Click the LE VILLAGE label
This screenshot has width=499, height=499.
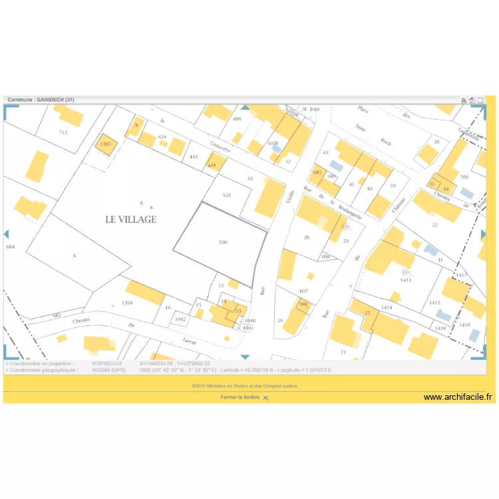(130, 219)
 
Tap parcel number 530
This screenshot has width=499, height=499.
(222, 242)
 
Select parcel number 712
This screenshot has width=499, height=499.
(63, 132)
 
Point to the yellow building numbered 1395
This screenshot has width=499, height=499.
(105, 144)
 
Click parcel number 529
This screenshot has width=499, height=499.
(226, 195)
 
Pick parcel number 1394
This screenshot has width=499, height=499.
(128, 303)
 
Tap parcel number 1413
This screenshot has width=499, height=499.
(405, 280)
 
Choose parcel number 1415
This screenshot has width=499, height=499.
(434, 303)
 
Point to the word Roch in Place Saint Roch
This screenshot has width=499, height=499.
(386, 141)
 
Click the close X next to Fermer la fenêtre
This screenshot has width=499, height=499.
(265, 397)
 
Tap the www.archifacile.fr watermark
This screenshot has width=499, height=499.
(458, 397)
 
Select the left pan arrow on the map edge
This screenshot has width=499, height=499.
(6, 234)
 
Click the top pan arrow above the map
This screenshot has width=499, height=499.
(245, 106)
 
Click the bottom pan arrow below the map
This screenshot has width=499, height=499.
(245, 357)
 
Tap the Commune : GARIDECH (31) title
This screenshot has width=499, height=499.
(41, 100)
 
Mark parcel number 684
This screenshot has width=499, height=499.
(9, 247)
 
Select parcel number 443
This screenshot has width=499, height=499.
(194, 157)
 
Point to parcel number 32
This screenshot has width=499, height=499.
(434, 225)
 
